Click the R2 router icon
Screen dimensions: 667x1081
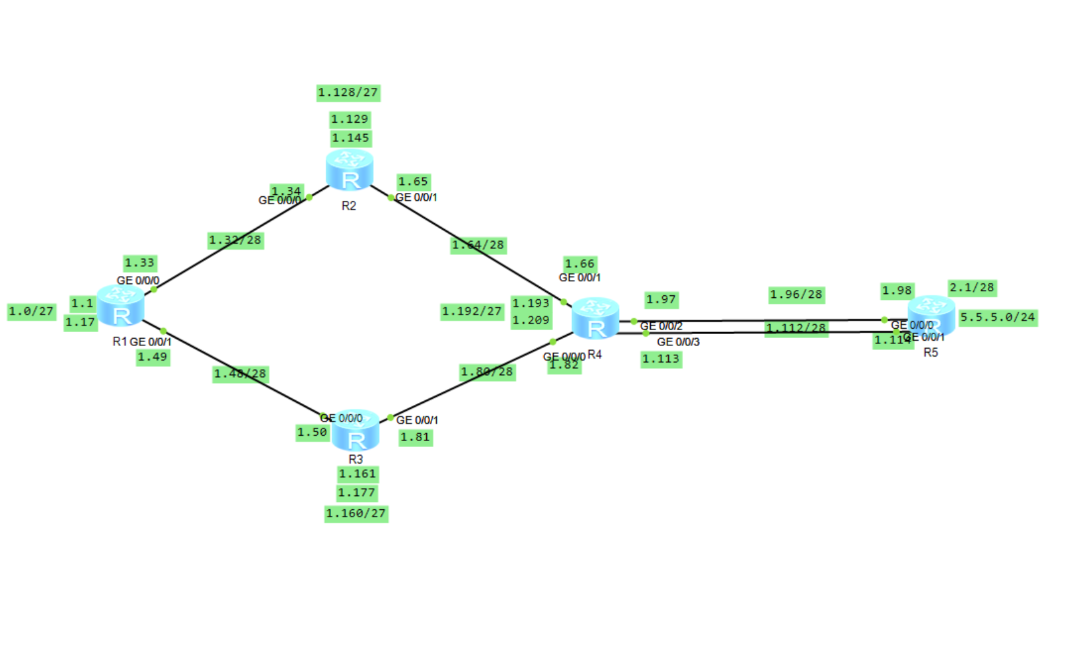coord(350,170)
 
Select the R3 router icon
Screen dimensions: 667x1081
coord(355,430)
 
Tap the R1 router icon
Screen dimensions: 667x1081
coord(120,306)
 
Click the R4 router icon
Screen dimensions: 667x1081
coord(595,318)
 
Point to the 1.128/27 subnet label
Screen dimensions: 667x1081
coord(348,92)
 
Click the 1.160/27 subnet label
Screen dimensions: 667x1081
coord(356,513)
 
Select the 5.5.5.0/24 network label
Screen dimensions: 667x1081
coord(998,318)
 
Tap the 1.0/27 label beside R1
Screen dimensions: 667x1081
coord(32,311)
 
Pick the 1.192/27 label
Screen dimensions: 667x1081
coord(472,311)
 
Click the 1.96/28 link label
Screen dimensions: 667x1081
coord(796,295)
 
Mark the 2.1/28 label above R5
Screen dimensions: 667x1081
coord(972,287)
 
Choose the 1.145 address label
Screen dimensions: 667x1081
coord(350,138)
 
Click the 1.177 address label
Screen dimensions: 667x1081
coord(357,493)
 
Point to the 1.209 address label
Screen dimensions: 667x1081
coord(531,320)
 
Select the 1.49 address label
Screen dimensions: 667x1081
coord(153,357)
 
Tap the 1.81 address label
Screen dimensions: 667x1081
coord(416,437)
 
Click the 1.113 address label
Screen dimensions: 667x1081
coord(661,359)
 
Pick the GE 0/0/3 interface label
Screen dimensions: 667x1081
coord(678,342)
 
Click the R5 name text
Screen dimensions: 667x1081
coord(930,353)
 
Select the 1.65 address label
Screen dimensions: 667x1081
coord(414,182)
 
